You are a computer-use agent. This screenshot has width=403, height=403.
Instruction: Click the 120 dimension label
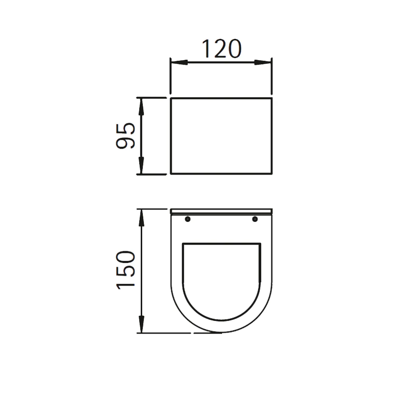(222, 49)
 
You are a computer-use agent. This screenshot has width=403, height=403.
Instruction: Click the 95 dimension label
(125, 136)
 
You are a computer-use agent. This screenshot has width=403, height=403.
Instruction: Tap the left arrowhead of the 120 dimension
(179, 62)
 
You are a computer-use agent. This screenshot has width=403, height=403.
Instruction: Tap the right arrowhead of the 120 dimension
(263, 62)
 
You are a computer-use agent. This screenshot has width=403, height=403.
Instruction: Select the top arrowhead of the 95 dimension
(141, 107)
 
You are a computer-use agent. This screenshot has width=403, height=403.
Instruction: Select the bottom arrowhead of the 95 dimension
(141, 165)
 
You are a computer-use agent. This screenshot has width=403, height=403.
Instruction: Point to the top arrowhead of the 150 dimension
(141, 218)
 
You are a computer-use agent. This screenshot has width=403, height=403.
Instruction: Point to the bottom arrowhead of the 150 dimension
(141, 324)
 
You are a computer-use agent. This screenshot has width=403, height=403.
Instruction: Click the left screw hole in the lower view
(188, 219)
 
